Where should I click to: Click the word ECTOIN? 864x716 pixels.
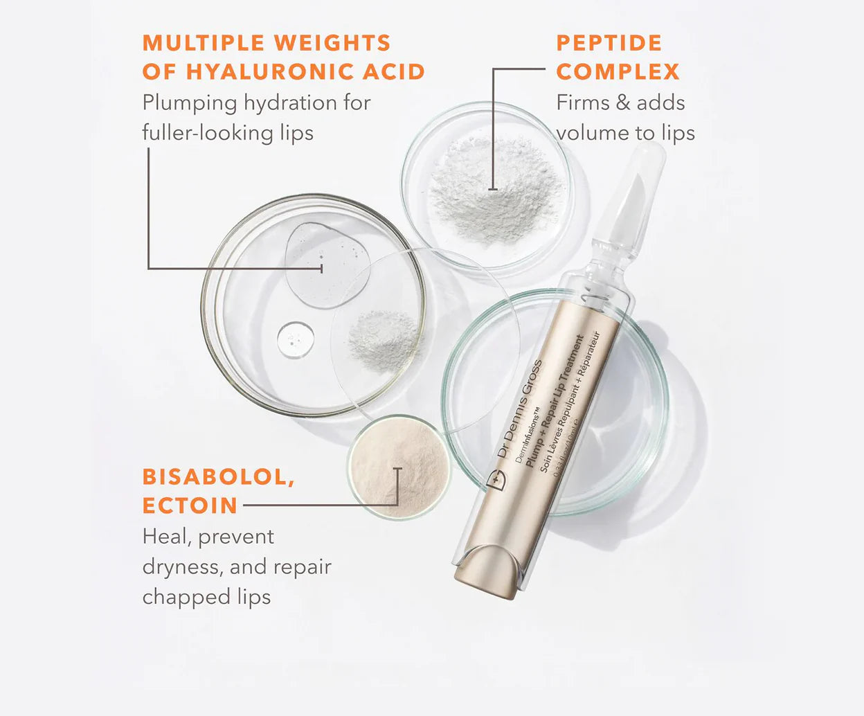[x=190, y=505]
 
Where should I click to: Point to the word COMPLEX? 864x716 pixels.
[x=618, y=71]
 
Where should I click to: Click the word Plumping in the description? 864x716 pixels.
[x=190, y=103]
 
